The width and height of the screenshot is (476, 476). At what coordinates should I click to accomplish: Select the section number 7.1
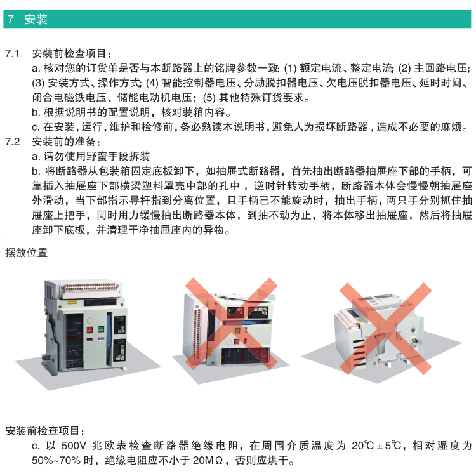click(13, 53)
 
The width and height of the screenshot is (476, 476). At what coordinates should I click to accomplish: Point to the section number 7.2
click(13, 141)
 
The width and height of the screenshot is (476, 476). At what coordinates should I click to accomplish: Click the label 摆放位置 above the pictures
click(26, 253)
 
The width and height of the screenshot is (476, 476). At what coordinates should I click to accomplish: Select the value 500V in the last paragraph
click(73, 446)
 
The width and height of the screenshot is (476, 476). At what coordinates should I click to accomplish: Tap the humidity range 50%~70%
click(54, 460)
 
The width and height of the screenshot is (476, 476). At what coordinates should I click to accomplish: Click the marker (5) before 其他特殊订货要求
click(209, 98)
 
